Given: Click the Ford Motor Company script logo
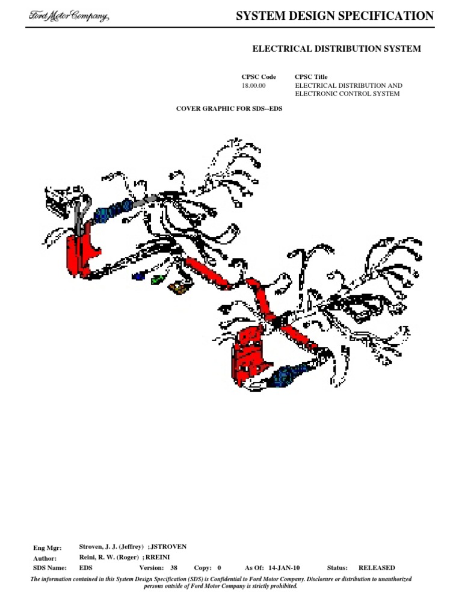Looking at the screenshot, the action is (69, 16).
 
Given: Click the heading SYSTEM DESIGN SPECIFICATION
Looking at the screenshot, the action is (334, 16).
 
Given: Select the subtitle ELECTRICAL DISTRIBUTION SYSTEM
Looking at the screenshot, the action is (337, 49).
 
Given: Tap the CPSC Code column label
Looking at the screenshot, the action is (259, 76).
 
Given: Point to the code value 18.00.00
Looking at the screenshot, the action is (253, 85).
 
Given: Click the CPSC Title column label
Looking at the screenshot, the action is (311, 76).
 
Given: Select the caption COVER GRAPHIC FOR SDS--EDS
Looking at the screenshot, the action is (229, 108).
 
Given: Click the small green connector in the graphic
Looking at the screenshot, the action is (158, 280).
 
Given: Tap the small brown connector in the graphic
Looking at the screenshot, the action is (178, 288).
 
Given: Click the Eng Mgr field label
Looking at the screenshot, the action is (47, 547).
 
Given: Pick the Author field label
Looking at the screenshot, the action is (45, 558).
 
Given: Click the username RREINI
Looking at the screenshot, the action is (158, 557).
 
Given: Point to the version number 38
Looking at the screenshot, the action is (174, 568).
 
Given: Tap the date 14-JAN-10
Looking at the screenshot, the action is (284, 568).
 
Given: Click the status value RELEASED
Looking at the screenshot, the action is (377, 568).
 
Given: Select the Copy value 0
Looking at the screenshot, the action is (219, 568).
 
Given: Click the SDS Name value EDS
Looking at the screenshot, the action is (85, 568).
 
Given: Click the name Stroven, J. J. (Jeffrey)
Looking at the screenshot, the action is (111, 546).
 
